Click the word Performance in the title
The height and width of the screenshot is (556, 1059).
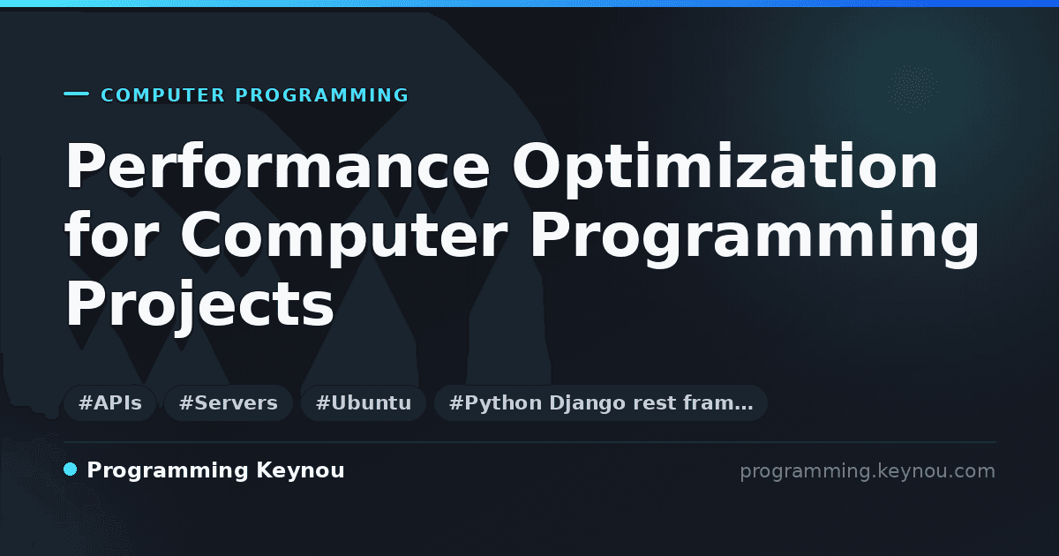277,166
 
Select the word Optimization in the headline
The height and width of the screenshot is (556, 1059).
725,169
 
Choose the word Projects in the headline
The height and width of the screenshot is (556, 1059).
199,306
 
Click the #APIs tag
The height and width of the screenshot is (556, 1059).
110,402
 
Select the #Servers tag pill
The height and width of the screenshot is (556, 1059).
229,402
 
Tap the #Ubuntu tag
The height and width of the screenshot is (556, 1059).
364,402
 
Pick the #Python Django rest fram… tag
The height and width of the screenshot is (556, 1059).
601,402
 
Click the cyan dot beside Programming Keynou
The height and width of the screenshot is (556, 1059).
71,470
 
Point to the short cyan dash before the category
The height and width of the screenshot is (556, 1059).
76,94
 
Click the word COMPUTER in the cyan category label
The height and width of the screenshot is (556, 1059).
163,95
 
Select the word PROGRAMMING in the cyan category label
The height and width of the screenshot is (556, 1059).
321,95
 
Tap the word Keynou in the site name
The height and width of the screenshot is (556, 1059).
300,471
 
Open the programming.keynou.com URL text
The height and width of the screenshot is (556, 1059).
867,471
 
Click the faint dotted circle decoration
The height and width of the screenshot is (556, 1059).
913,89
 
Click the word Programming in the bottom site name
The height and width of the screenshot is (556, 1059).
168,471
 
